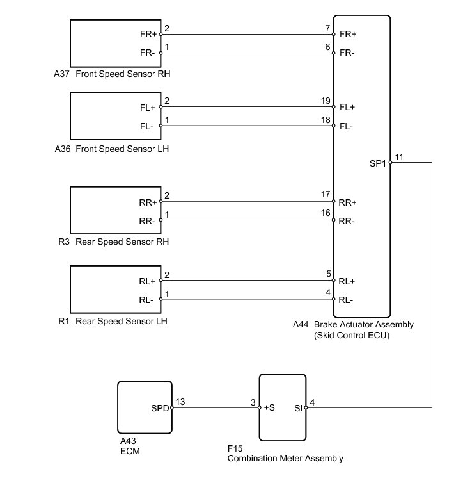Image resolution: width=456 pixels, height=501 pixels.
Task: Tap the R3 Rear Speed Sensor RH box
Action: (x=115, y=211)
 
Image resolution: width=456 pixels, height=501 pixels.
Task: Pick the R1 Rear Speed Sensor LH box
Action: (x=115, y=290)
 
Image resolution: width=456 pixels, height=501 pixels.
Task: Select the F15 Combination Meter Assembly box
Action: (x=283, y=407)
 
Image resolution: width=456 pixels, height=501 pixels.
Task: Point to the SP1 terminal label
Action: (x=377, y=163)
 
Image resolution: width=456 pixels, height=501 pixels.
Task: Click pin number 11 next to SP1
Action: (x=399, y=157)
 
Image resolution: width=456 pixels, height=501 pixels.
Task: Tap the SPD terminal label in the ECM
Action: (x=159, y=407)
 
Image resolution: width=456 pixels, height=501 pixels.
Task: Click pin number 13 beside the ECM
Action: (x=180, y=402)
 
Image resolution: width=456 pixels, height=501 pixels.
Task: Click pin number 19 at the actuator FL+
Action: (x=326, y=101)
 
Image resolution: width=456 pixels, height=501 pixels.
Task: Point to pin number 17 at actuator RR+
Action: (x=326, y=195)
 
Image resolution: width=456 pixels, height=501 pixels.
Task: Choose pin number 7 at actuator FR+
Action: (x=328, y=28)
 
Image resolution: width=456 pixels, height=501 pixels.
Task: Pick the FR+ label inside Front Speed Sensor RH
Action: (x=148, y=34)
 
